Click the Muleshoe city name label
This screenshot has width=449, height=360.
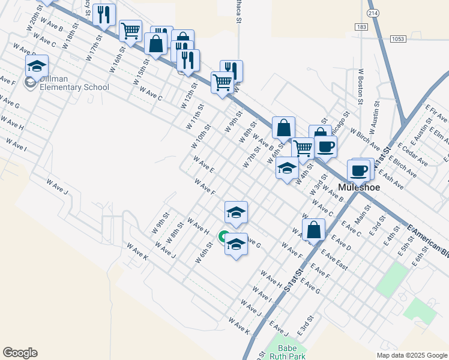(x=360, y=187)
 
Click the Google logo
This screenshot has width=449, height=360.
(x=20, y=353)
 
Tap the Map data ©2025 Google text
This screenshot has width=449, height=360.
(x=411, y=355)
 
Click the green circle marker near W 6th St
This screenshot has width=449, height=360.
(x=223, y=236)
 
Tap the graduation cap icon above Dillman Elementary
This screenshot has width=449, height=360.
(x=37, y=66)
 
